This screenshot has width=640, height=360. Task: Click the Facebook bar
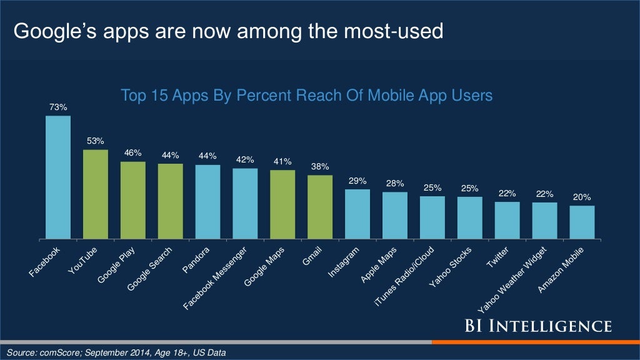click(x=57, y=177)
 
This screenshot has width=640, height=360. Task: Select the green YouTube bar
click(x=95, y=194)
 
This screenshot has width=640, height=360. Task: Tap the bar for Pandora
click(x=207, y=202)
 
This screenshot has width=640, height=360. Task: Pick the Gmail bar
click(x=320, y=207)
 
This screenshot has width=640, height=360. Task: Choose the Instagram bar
click(x=357, y=214)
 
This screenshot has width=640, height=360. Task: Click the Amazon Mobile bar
click(x=582, y=222)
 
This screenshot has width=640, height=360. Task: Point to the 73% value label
click(x=58, y=107)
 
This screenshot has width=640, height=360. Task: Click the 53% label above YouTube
click(x=96, y=141)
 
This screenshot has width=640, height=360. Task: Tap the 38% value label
click(x=320, y=167)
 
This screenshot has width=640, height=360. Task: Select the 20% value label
click(x=582, y=197)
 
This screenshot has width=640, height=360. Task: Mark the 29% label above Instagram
click(x=357, y=181)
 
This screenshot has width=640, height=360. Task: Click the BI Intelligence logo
click(x=537, y=326)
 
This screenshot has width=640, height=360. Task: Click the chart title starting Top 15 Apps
click(x=306, y=96)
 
